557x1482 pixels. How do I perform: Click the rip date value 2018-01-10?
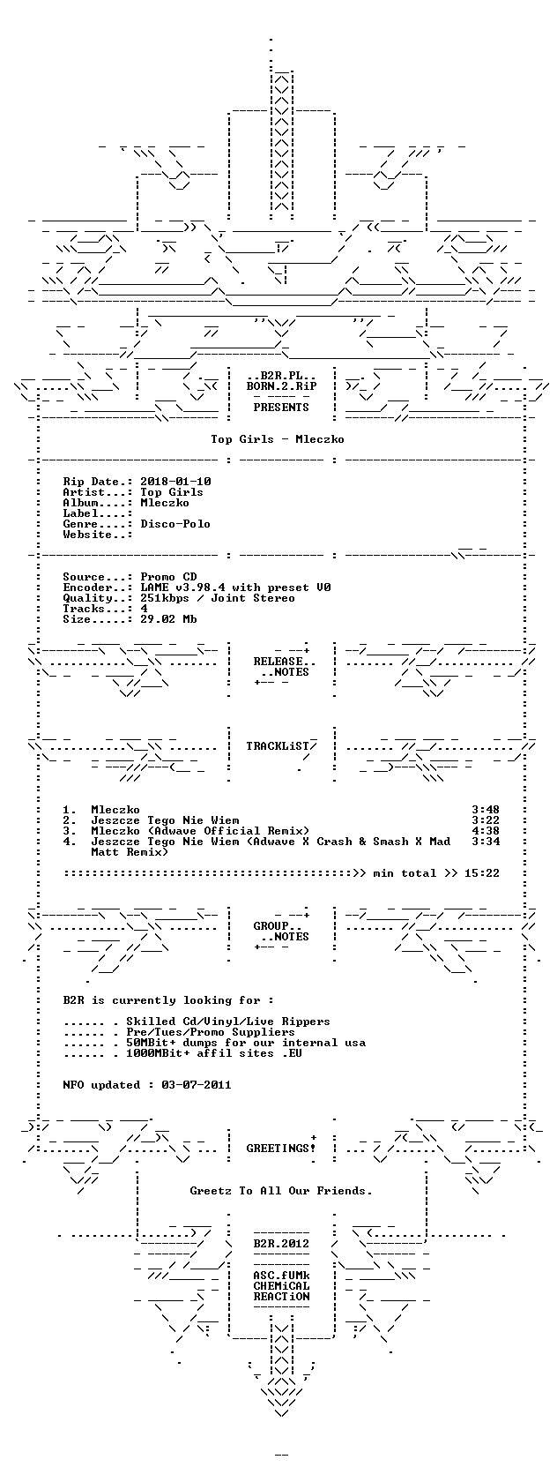coord(175,482)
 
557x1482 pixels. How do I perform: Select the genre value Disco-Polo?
coord(175,524)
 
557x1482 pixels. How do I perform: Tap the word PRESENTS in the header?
coord(281,408)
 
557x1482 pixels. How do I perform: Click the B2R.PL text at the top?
coord(281,376)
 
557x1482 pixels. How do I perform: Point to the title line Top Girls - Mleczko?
coord(278,439)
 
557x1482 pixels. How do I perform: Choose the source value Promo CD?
coord(168,577)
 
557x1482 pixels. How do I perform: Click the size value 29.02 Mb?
coord(168,619)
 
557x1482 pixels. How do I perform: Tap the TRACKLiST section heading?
coord(278,746)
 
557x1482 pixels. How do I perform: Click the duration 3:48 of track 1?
coord(486,810)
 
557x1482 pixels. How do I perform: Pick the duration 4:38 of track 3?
coord(486,831)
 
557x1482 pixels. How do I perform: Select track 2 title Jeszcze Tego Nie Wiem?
coord(165,820)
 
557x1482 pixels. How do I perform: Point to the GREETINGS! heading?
coord(281,1149)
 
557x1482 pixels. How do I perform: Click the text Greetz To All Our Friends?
coord(281,1191)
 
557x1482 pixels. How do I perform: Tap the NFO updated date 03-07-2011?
coord(197,1085)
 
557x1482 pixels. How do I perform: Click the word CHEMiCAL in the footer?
coord(281,1286)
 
